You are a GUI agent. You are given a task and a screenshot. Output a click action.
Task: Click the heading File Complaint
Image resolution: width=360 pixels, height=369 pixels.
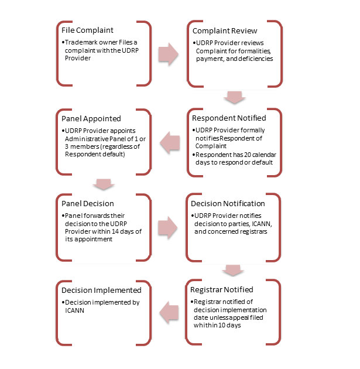[x=87, y=30]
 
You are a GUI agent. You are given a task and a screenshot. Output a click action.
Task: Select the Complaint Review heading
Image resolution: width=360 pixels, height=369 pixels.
[x=225, y=31]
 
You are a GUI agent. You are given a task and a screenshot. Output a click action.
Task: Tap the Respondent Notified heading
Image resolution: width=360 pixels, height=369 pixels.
[x=229, y=118]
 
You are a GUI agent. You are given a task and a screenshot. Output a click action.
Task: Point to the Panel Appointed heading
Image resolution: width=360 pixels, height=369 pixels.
[x=91, y=118]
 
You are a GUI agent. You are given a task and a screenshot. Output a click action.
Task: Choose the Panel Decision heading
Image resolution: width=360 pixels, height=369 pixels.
[x=88, y=204]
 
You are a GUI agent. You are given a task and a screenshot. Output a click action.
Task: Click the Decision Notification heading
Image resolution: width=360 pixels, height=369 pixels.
[x=228, y=204]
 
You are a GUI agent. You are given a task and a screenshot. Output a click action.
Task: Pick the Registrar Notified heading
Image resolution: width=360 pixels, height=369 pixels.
[x=222, y=290]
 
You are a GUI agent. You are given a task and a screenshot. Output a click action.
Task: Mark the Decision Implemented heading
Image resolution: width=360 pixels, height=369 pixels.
[x=101, y=291]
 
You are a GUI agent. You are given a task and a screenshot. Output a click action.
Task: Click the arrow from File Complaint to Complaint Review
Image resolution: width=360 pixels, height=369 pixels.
[x=169, y=54]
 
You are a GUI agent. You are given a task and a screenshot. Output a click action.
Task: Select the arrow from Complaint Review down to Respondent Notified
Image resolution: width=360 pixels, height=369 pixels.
[x=234, y=97]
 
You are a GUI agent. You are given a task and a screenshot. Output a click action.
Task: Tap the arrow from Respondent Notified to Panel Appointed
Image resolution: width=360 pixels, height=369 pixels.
[x=170, y=142]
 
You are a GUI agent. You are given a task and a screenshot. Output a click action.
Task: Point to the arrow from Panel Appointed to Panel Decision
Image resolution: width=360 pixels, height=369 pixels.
[x=104, y=184]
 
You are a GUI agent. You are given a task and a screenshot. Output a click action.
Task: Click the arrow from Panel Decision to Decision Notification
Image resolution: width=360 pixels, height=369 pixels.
[x=167, y=228]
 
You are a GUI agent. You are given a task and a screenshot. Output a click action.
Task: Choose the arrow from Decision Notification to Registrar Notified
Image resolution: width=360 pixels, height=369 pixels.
[x=233, y=270]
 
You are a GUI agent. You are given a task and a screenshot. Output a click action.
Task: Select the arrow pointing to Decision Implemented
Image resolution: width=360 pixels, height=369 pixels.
[x=169, y=313]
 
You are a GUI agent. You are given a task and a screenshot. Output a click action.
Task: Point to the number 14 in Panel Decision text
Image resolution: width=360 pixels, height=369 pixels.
[x=115, y=231]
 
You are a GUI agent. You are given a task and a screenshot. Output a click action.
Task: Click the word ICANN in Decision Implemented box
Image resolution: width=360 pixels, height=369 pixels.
[x=74, y=310]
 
